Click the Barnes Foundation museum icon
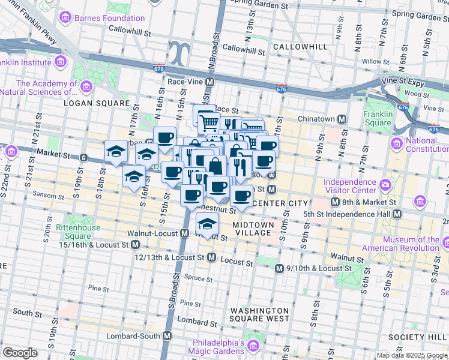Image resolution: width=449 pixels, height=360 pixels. pyautogui.click(x=65, y=17)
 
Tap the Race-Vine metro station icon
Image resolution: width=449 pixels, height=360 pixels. pyautogui.click(x=210, y=82)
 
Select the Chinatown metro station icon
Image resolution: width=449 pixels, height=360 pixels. pyautogui.click(x=342, y=119)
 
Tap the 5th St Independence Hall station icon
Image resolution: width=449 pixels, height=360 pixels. pyautogui.click(x=397, y=214)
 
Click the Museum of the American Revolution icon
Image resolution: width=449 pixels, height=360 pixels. pyautogui.click(x=445, y=244)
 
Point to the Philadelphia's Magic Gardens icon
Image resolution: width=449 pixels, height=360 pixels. pyautogui.click(x=253, y=346)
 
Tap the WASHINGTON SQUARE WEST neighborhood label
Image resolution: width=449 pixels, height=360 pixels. pyautogui.click(x=260, y=314)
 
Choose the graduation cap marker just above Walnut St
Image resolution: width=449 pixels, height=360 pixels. pyautogui.click(x=207, y=224)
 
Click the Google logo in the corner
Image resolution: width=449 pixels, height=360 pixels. pyautogui.click(x=20, y=353)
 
